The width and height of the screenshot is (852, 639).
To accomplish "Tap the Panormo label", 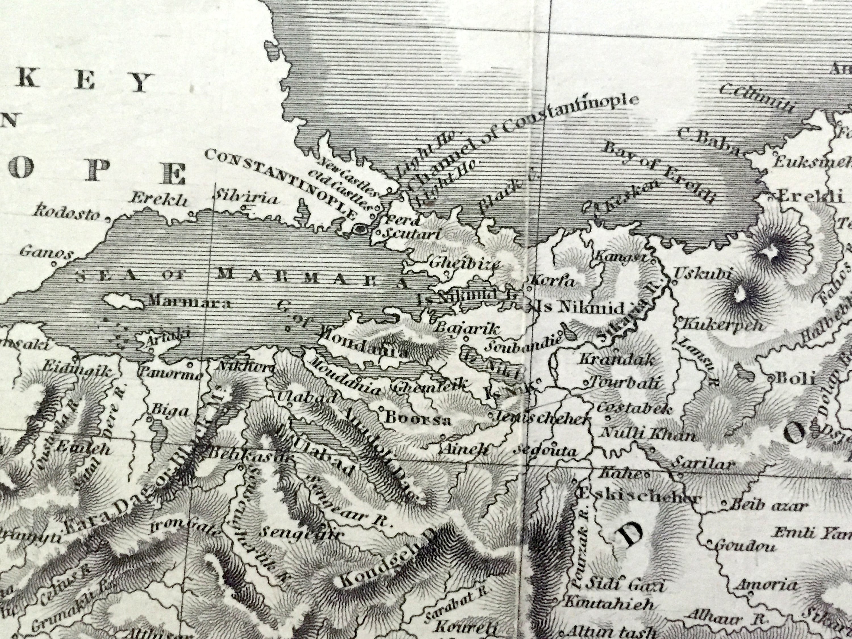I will pyautogui.click(x=170, y=373).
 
